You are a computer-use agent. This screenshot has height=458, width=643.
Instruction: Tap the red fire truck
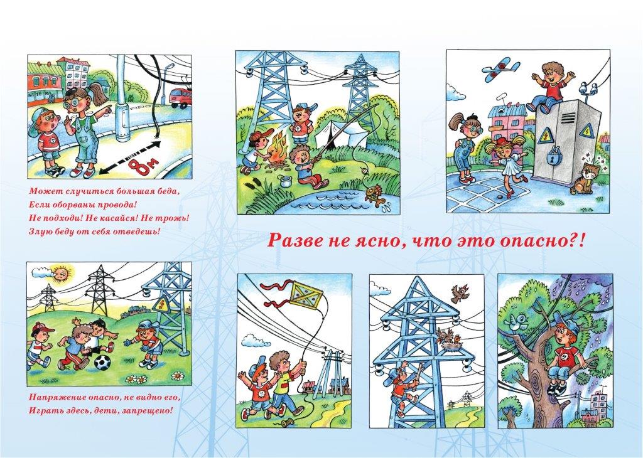click(x=181, y=98)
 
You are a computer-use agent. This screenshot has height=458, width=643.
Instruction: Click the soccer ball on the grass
click(x=102, y=363)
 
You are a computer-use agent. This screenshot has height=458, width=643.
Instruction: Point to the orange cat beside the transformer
click(x=583, y=178)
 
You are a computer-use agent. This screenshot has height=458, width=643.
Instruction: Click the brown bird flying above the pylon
click(x=460, y=293)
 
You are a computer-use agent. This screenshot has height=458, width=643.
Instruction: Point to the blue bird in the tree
click(x=517, y=322)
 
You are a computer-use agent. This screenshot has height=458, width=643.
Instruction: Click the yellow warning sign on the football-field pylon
click(x=160, y=305)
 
